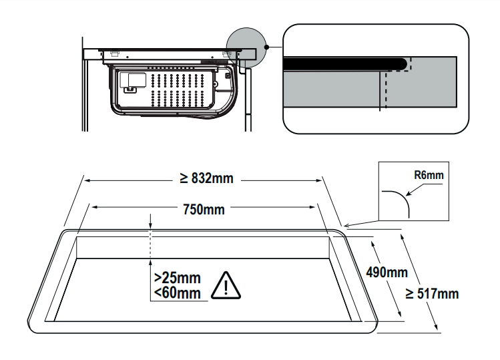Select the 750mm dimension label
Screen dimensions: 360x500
point(204,209)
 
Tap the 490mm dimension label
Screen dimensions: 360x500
point(387,272)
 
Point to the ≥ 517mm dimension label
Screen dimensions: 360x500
point(433,293)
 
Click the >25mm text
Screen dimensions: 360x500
point(177,278)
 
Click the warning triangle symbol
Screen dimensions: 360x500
point(226,286)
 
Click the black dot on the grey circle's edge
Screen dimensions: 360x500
point(266,47)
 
